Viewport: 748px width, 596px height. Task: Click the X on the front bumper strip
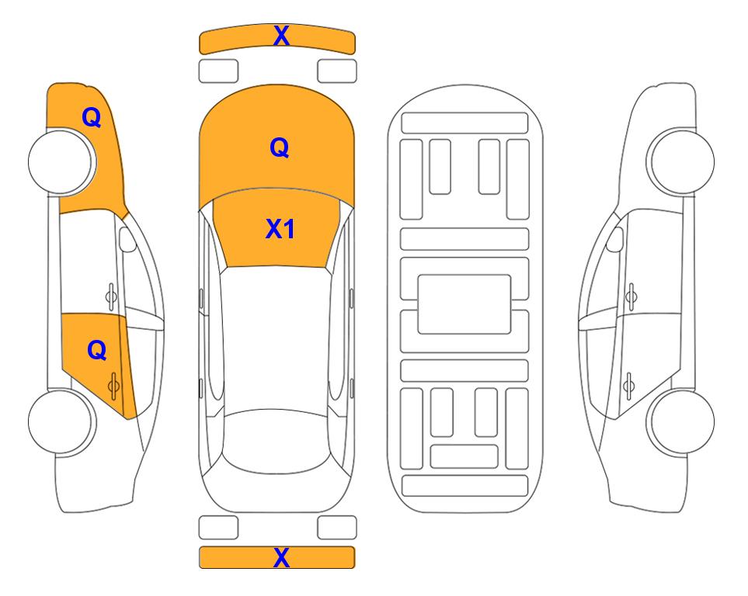pos(281,36)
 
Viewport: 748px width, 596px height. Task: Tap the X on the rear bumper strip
pos(281,557)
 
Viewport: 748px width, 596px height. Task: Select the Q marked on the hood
pos(280,147)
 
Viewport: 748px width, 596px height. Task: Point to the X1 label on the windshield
pos(280,228)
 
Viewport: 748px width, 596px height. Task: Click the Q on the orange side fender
pos(92,117)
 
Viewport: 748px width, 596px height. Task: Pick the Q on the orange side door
pos(97,351)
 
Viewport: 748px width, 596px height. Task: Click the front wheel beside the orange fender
pos(61,161)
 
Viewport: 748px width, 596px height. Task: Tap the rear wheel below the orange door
pos(61,422)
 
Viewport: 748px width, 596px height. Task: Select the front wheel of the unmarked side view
pos(682,161)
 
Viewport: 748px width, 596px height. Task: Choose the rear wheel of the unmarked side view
pos(682,422)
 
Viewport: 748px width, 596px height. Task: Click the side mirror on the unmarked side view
pos(615,239)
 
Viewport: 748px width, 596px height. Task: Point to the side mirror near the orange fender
pos(127,239)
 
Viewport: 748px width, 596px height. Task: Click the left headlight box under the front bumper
pos(218,71)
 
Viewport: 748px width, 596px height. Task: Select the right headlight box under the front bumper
pos(337,71)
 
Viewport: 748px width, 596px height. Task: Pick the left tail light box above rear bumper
pos(218,528)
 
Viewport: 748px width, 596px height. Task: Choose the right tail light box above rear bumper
pos(337,528)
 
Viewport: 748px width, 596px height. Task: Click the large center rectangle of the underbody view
pos(464,304)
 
